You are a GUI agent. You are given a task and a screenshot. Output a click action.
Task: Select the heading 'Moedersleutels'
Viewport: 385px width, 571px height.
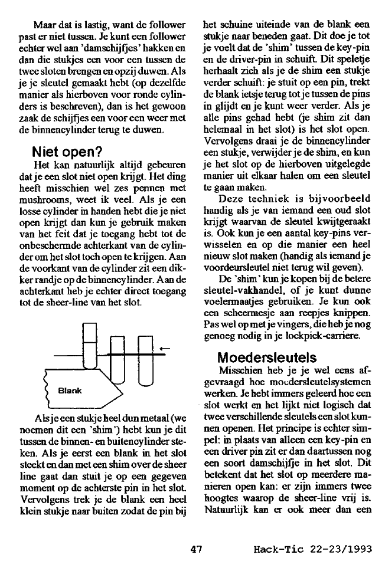pyautogui.click(x=258, y=357)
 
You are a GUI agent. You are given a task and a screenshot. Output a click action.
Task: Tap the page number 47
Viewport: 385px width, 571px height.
pyautogui.click(x=197, y=549)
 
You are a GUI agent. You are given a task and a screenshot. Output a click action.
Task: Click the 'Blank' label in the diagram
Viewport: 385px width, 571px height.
pyautogui.click(x=69, y=390)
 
